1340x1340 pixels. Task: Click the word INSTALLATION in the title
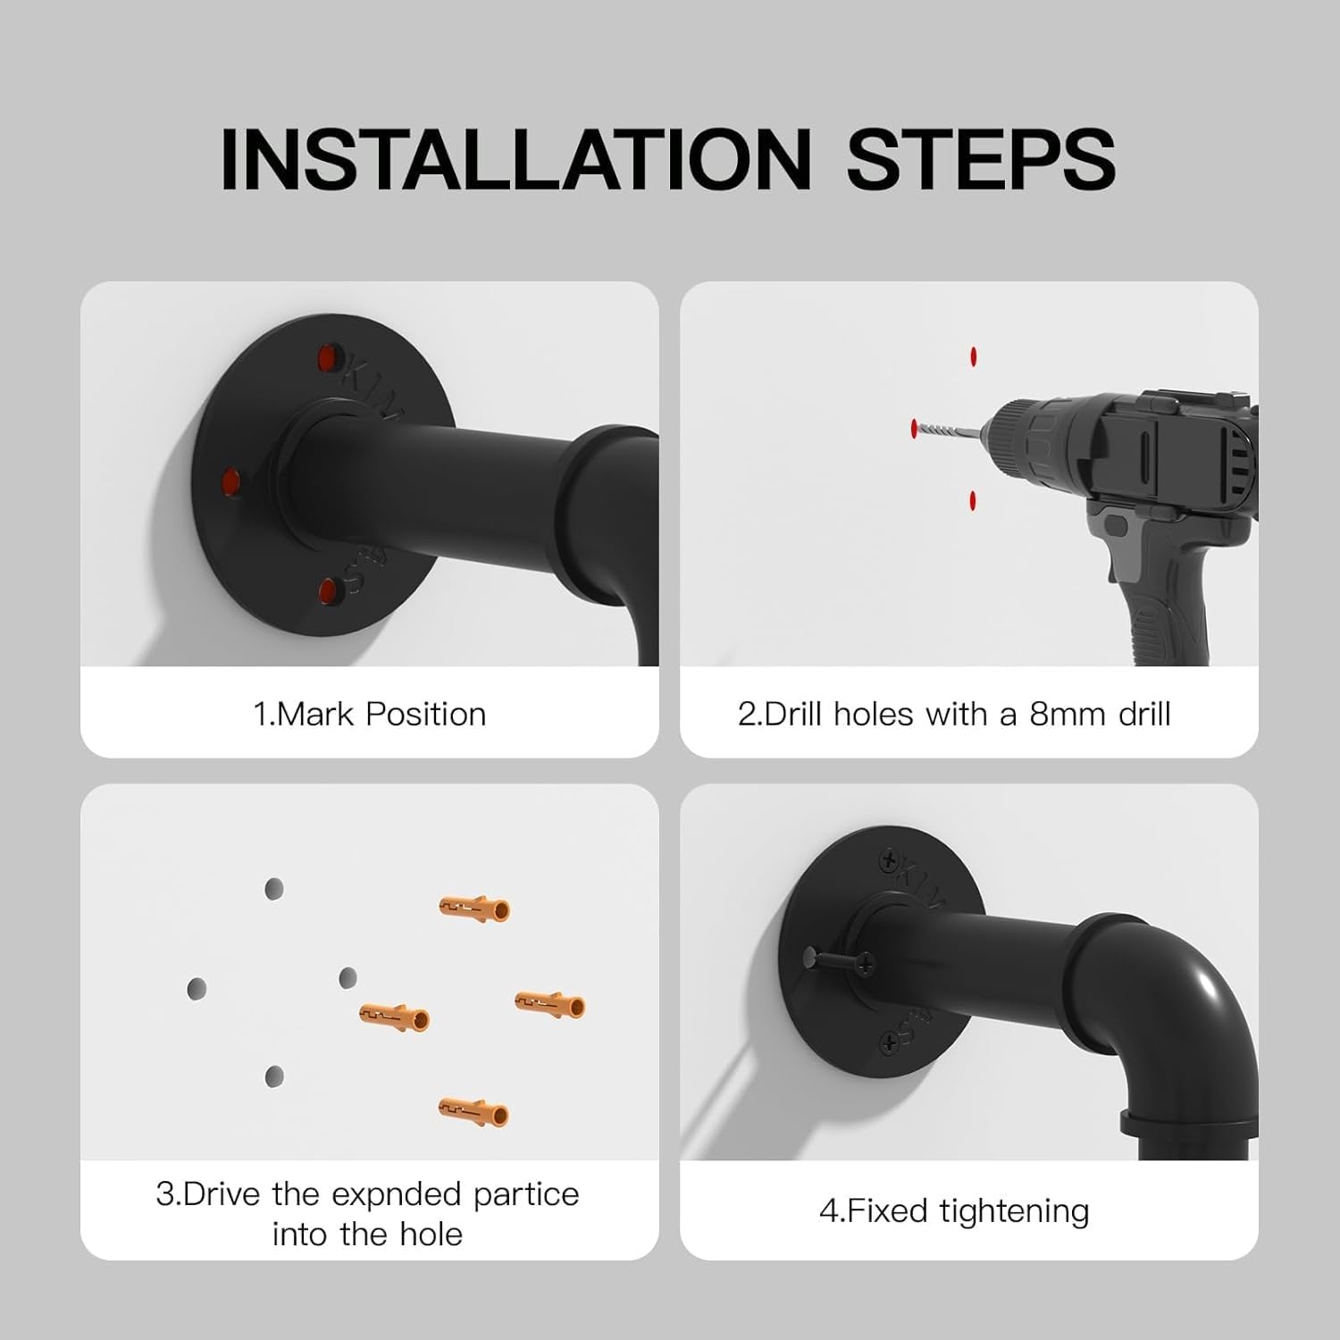(x=515, y=158)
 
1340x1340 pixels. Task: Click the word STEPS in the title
(x=981, y=158)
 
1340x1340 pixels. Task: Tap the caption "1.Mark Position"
(x=370, y=715)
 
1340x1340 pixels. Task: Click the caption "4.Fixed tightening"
(x=954, y=1211)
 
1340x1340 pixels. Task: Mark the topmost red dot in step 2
(x=972, y=356)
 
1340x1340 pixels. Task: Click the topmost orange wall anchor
(x=474, y=909)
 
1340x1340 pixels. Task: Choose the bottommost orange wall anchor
(x=473, y=1112)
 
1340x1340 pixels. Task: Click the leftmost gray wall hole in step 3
(x=197, y=989)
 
